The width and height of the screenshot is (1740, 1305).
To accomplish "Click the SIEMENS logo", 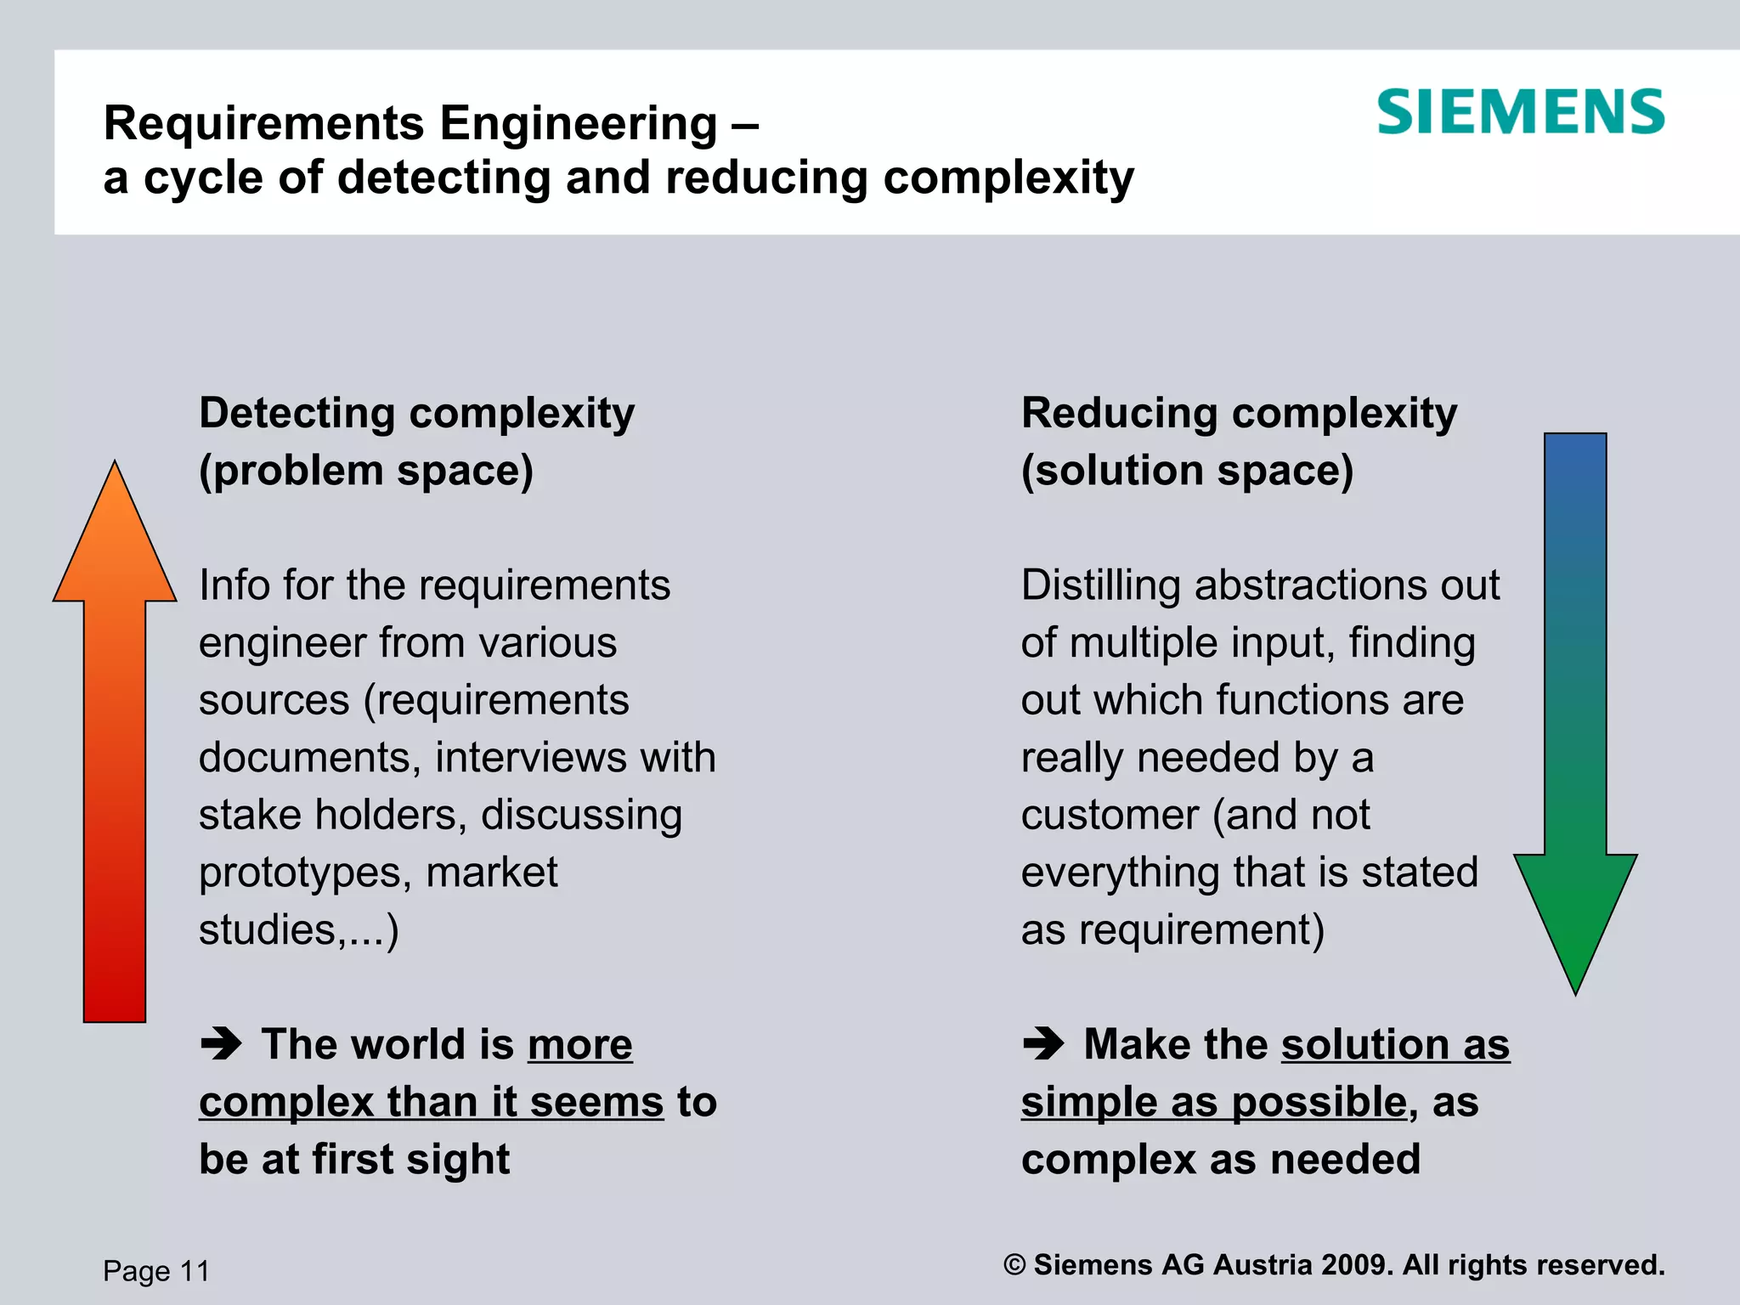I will tap(1520, 112).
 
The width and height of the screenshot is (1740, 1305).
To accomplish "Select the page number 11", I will tap(195, 1271).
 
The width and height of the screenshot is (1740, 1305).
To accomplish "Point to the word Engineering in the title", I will tap(579, 124).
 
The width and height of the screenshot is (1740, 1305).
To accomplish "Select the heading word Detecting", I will tap(297, 414).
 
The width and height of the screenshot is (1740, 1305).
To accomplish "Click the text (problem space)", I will tap(366, 472).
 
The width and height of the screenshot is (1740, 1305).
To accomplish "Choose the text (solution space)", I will tap(1187, 472).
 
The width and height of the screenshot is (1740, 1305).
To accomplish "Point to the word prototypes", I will tap(306, 873).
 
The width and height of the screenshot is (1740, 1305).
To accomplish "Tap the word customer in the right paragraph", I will tap(1110, 815).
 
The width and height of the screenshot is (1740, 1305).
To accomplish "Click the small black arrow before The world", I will tap(221, 1044).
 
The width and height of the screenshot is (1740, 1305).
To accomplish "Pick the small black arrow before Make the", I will tap(1043, 1044).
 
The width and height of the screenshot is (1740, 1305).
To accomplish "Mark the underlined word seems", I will tap(596, 1103).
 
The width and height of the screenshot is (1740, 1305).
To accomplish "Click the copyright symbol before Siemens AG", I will tap(1014, 1265).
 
